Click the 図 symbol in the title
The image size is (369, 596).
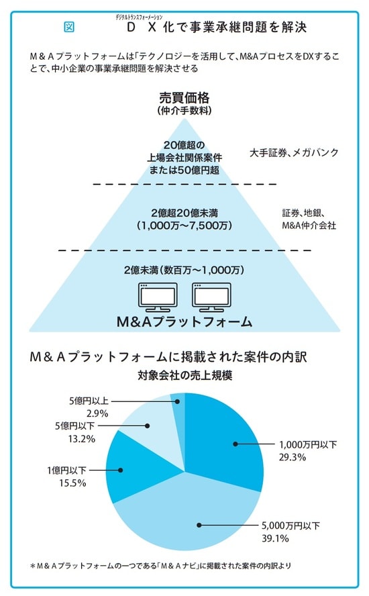(x=68, y=28)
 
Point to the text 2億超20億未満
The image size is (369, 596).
(x=184, y=212)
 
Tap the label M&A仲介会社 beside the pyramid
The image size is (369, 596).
(x=309, y=226)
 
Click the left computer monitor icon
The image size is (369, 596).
(x=157, y=296)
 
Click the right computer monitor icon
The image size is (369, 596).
(x=212, y=296)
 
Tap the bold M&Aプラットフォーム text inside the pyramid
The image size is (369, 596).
(x=184, y=321)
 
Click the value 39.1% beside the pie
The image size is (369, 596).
(x=280, y=538)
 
